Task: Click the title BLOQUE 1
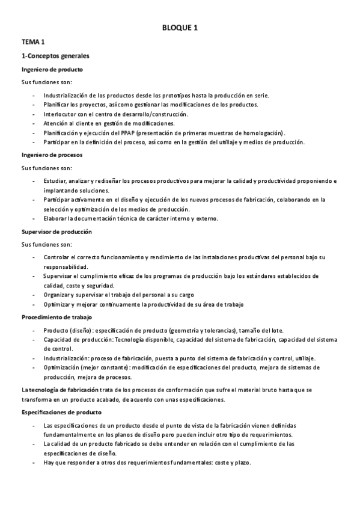(x=180, y=28)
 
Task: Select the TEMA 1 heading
(x=33, y=42)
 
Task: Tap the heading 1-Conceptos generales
(x=55, y=56)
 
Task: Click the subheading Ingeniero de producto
(x=52, y=70)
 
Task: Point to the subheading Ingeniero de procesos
(x=52, y=155)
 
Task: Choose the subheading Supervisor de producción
(x=56, y=232)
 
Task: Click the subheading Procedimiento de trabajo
(x=56, y=316)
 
